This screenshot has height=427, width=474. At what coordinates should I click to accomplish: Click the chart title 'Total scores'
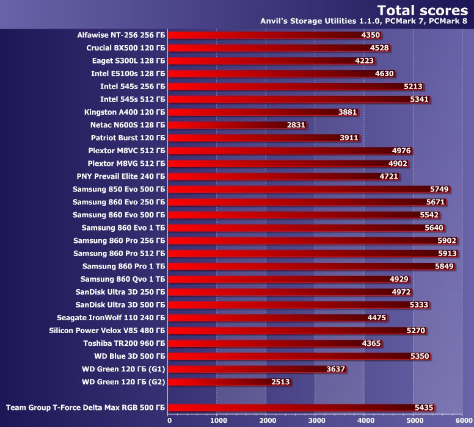tap(423, 10)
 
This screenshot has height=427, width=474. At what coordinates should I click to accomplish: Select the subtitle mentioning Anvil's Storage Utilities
tap(363, 21)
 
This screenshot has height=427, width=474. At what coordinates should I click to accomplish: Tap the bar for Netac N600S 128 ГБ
tap(238, 125)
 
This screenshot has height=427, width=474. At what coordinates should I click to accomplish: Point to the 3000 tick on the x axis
tap(316, 420)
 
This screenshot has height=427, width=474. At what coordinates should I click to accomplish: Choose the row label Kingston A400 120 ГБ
tap(125, 112)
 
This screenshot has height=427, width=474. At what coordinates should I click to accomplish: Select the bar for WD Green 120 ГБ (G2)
tap(230, 382)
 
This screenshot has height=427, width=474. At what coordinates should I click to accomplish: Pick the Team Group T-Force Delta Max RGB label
tap(86, 407)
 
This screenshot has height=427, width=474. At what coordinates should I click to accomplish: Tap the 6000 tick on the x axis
tap(462, 420)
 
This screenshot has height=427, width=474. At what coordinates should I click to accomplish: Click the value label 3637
tap(337, 369)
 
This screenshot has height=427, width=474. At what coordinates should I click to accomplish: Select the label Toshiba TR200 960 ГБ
tap(124, 343)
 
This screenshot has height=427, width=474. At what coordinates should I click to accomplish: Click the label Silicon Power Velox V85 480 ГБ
tap(107, 331)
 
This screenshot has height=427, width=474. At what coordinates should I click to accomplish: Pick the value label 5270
tap(415, 331)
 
